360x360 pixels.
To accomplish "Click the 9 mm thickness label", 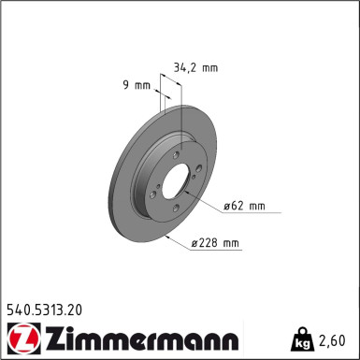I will pyautogui.click(x=137, y=87).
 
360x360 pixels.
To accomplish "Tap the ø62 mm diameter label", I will pyautogui.click(x=246, y=205).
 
